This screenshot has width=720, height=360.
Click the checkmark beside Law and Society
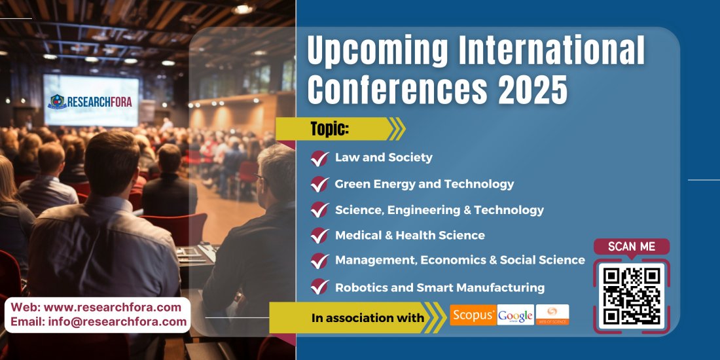(x=319, y=158)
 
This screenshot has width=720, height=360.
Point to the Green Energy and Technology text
(x=424, y=184)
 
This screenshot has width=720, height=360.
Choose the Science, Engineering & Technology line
(x=439, y=209)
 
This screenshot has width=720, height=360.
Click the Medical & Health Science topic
(x=410, y=235)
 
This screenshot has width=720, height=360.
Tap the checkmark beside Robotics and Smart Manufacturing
(x=319, y=287)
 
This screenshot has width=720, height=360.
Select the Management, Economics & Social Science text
(x=459, y=260)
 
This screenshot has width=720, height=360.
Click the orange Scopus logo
(x=473, y=315)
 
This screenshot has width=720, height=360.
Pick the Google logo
(x=515, y=315)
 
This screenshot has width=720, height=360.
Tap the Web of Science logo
(x=552, y=315)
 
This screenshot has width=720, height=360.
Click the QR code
(x=632, y=296)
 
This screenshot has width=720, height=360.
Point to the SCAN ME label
(x=632, y=247)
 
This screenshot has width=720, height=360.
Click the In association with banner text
(x=367, y=318)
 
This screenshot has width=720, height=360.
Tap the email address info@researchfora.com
(x=117, y=321)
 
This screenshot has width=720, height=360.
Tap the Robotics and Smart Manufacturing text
(x=439, y=287)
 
